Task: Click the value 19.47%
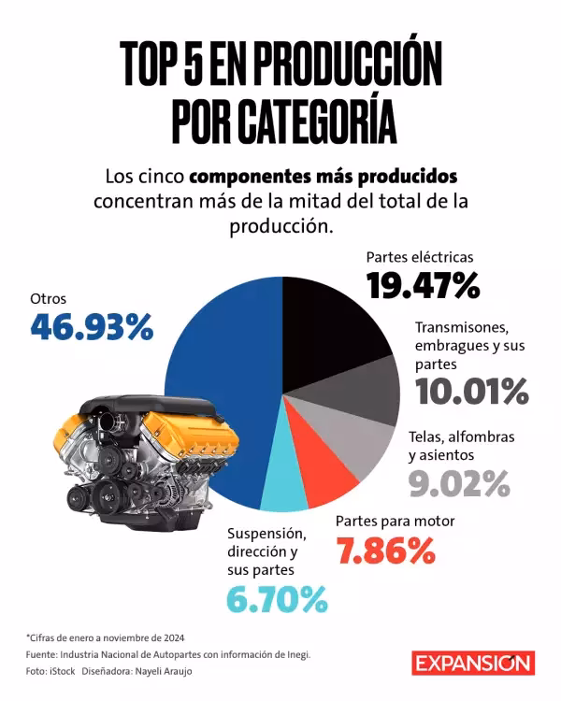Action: pyautogui.click(x=422, y=285)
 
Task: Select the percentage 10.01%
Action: pyautogui.click(x=471, y=391)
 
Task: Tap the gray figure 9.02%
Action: pyautogui.click(x=458, y=483)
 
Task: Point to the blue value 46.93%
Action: pyautogui.click(x=91, y=327)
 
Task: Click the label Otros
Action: pyautogui.click(x=49, y=299)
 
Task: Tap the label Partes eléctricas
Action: pyautogui.click(x=420, y=257)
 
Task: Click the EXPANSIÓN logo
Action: pyautogui.click(x=474, y=663)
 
